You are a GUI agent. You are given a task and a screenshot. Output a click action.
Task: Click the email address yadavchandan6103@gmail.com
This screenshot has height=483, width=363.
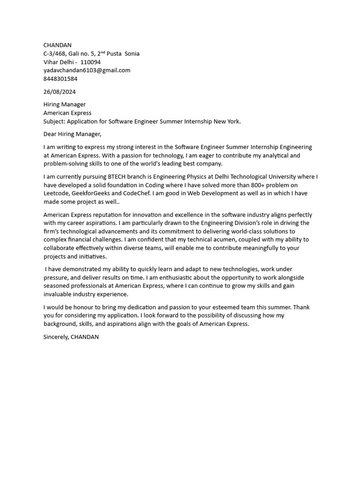(86, 70)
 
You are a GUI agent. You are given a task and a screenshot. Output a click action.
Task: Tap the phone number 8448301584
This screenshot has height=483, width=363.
(60, 79)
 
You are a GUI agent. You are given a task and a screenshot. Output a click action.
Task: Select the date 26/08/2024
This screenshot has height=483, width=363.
(60, 92)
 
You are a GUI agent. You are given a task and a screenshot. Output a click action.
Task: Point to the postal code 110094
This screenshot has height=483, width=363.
(90, 62)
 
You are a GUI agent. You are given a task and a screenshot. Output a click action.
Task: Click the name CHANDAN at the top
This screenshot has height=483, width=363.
(57, 45)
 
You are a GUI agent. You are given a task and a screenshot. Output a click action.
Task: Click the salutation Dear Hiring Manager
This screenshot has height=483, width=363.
(72, 134)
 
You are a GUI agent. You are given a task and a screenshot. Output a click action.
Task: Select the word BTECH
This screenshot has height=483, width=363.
(118, 177)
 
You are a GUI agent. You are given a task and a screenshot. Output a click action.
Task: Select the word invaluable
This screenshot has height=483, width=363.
(59, 294)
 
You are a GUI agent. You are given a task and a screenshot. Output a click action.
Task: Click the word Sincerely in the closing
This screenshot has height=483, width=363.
(55, 337)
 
